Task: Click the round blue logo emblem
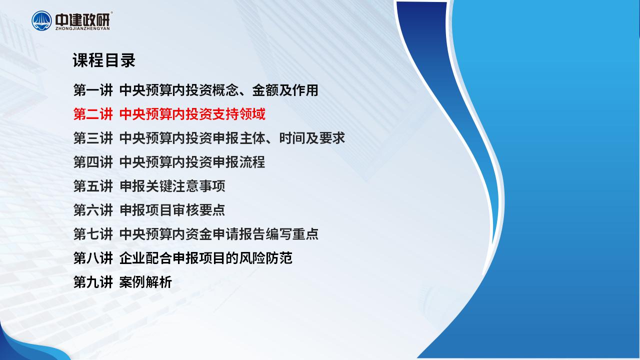click(41, 21)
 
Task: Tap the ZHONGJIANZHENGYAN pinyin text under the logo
click(82, 28)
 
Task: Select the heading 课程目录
click(104, 60)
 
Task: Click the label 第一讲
click(93, 90)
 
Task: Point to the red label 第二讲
click(93, 114)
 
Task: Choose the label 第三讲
click(93, 138)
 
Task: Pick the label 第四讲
click(93, 162)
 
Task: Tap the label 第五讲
click(93, 186)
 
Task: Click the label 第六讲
click(93, 210)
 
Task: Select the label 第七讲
click(93, 234)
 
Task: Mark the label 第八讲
click(93, 258)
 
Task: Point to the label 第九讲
click(93, 282)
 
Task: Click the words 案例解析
click(145, 282)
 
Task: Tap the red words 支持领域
click(239, 114)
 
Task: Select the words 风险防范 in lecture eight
click(265, 258)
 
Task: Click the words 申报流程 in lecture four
click(239, 162)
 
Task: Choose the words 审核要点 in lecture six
click(199, 210)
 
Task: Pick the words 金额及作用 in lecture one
click(285, 90)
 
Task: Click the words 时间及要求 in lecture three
click(312, 138)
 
